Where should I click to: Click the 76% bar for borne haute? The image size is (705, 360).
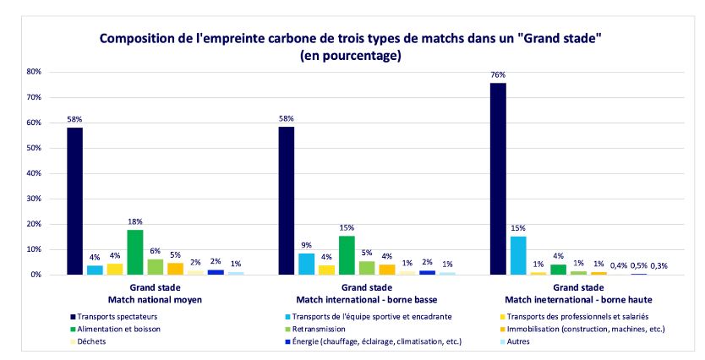point(498,178)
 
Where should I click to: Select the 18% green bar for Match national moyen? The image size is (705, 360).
point(134,252)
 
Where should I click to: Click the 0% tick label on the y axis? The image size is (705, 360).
point(36,275)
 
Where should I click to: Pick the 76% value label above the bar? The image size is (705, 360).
point(498,74)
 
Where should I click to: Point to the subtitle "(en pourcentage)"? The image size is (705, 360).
point(352,57)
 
